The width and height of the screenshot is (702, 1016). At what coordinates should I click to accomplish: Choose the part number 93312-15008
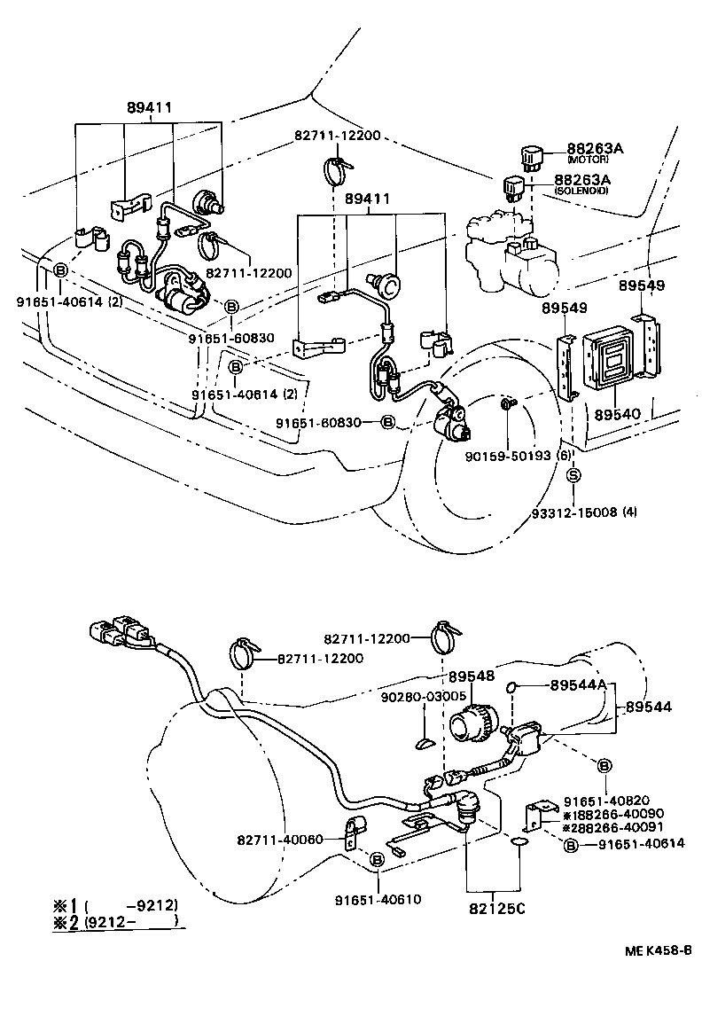pyautogui.click(x=586, y=512)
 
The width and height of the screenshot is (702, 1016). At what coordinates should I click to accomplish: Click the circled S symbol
pyautogui.click(x=573, y=476)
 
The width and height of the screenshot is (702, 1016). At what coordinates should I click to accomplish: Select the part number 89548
pyautogui.click(x=471, y=676)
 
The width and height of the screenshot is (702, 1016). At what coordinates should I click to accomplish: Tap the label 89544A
pyautogui.click(x=576, y=685)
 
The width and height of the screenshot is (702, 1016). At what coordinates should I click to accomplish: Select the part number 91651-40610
pyautogui.click(x=378, y=900)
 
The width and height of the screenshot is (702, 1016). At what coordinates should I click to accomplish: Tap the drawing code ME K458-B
pyautogui.click(x=659, y=950)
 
